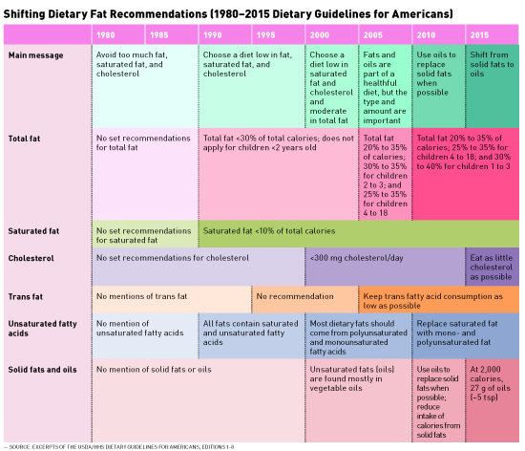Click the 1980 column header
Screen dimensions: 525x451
pos(105,35)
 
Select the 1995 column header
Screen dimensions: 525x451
pos(266,35)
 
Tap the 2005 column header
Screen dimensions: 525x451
pos(372,35)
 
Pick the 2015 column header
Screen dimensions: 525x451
pos(479,35)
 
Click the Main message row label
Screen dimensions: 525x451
pos(36,55)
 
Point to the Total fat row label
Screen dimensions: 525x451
pos(24,139)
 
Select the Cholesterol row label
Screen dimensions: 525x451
pos(31,258)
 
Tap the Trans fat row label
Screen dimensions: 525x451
pos(26,296)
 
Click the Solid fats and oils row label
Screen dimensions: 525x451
pos(43,370)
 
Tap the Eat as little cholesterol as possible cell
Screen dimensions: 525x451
pos(492,267)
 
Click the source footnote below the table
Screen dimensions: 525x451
pos(119,446)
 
